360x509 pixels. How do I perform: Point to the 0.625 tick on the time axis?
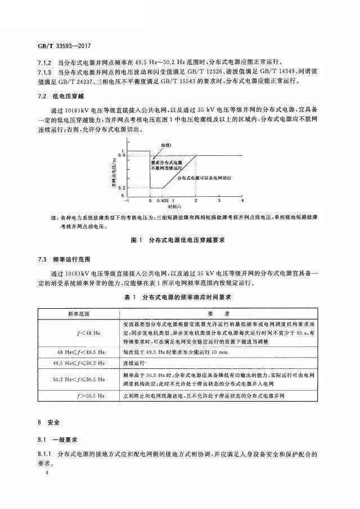(162, 200)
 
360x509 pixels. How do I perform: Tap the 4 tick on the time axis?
(242, 200)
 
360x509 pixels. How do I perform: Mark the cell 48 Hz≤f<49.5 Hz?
(79, 353)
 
